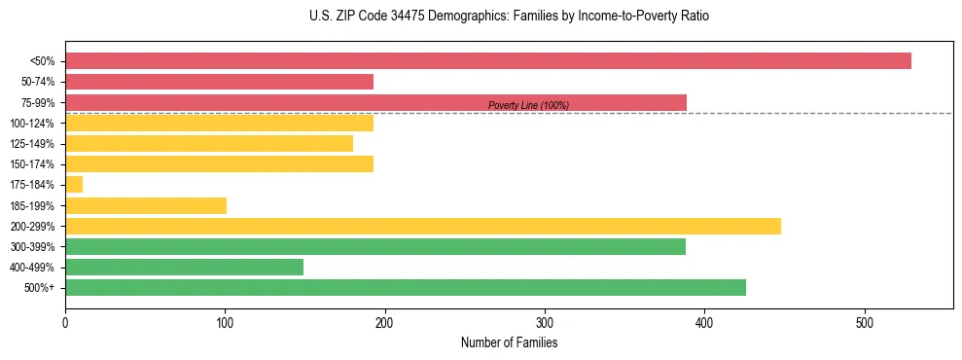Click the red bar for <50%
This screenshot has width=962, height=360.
pos(487,61)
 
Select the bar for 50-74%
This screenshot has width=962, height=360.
pos(219,82)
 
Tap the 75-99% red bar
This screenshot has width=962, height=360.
pos(375,102)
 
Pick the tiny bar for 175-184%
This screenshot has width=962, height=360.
pos(74,185)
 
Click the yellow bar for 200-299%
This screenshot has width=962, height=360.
pos(422,226)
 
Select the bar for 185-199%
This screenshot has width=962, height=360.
pos(146,205)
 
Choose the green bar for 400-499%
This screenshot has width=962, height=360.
pos(184,267)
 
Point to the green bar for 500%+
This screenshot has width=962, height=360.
pos(405,287)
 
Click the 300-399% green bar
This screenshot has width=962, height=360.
pos(375,246)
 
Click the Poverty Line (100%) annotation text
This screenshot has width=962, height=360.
pos(528,105)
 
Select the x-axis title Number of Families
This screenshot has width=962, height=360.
pos(509,342)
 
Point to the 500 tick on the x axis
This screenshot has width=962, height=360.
pos(864,322)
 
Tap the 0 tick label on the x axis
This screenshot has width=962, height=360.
pos(65,322)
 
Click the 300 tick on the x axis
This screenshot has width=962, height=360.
pos(545,322)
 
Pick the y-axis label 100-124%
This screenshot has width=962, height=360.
pos(32,124)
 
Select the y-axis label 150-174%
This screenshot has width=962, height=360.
pos(32,164)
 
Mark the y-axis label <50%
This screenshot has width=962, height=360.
pos(43,61)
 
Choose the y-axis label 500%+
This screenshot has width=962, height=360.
pos(40,288)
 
